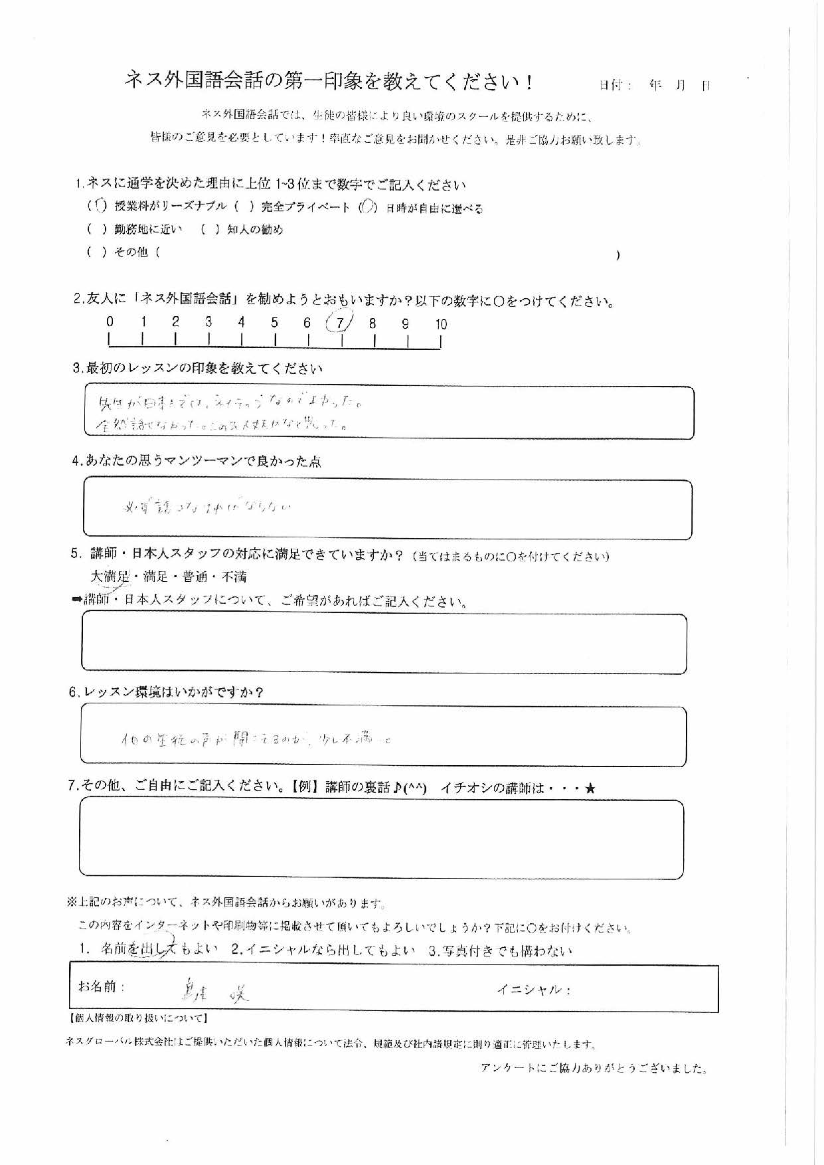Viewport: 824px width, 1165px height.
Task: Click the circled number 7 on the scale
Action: pyautogui.click(x=340, y=323)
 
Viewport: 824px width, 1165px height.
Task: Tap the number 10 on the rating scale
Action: pyautogui.click(x=441, y=324)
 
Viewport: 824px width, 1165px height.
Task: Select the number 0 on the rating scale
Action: pyautogui.click(x=110, y=322)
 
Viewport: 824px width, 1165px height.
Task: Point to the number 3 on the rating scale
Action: pyautogui.click(x=208, y=322)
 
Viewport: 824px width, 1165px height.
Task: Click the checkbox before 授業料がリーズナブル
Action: pyautogui.click(x=100, y=207)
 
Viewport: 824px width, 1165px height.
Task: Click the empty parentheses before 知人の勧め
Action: pyautogui.click(x=210, y=230)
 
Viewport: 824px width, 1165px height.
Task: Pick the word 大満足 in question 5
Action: pyautogui.click(x=110, y=577)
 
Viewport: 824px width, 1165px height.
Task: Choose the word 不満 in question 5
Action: pyautogui.click(x=234, y=577)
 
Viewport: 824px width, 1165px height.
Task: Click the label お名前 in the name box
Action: pyautogui.click(x=101, y=987)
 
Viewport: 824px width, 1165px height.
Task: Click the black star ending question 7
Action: pyautogui.click(x=590, y=788)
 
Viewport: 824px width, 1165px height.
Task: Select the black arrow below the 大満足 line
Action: pyautogui.click(x=76, y=600)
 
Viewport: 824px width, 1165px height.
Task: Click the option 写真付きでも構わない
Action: pyautogui.click(x=501, y=950)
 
